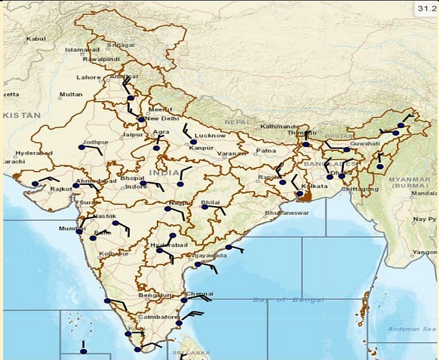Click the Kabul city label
[x=35, y=39]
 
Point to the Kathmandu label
[x=280, y=126]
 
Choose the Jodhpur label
[x=95, y=142]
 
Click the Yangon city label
[x=425, y=252]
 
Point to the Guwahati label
[x=365, y=144]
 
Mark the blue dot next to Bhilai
[x=204, y=206]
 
